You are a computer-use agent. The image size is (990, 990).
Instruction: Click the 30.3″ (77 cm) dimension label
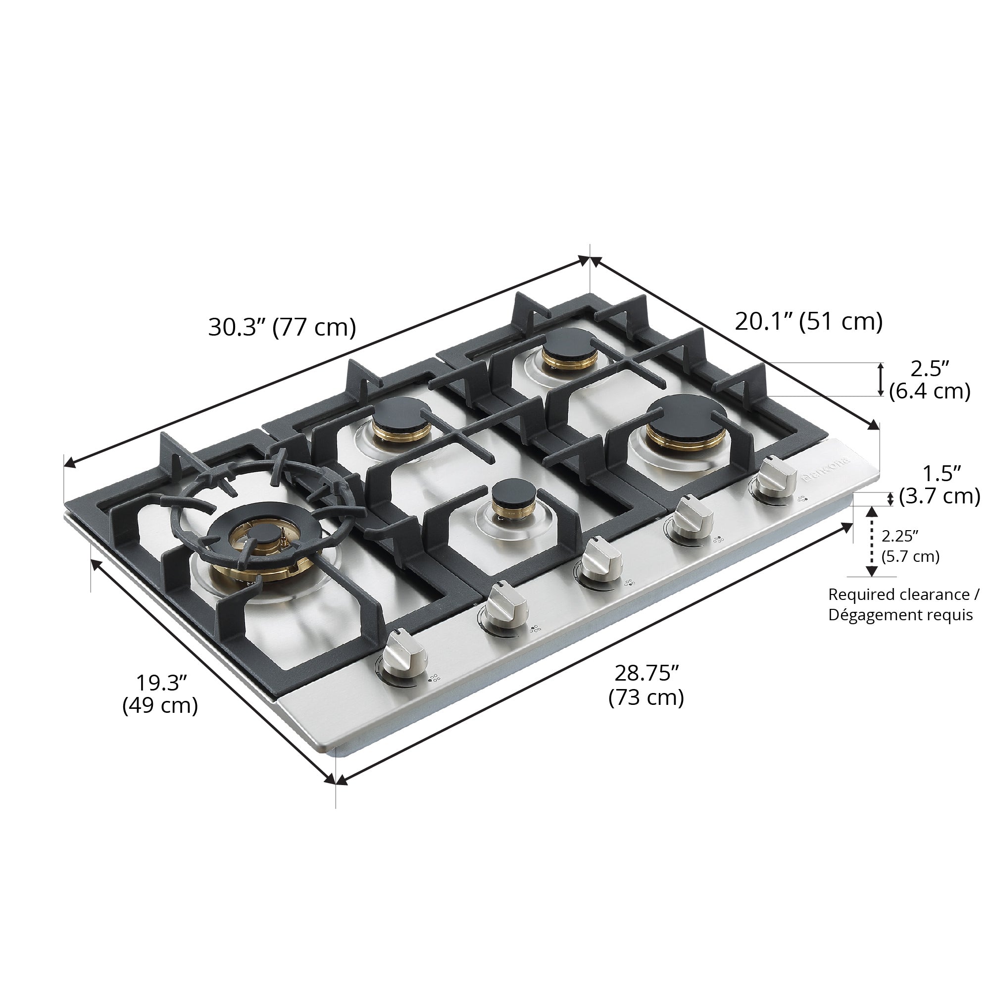[282, 327]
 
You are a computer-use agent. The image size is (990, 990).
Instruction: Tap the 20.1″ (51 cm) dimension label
[809, 321]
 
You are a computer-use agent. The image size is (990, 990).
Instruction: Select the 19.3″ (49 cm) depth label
[160, 694]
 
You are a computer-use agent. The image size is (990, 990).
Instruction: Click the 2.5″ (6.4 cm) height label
[930, 380]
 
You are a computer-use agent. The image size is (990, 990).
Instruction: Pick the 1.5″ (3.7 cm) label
[941, 485]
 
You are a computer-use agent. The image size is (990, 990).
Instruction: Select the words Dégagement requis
[900, 615]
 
